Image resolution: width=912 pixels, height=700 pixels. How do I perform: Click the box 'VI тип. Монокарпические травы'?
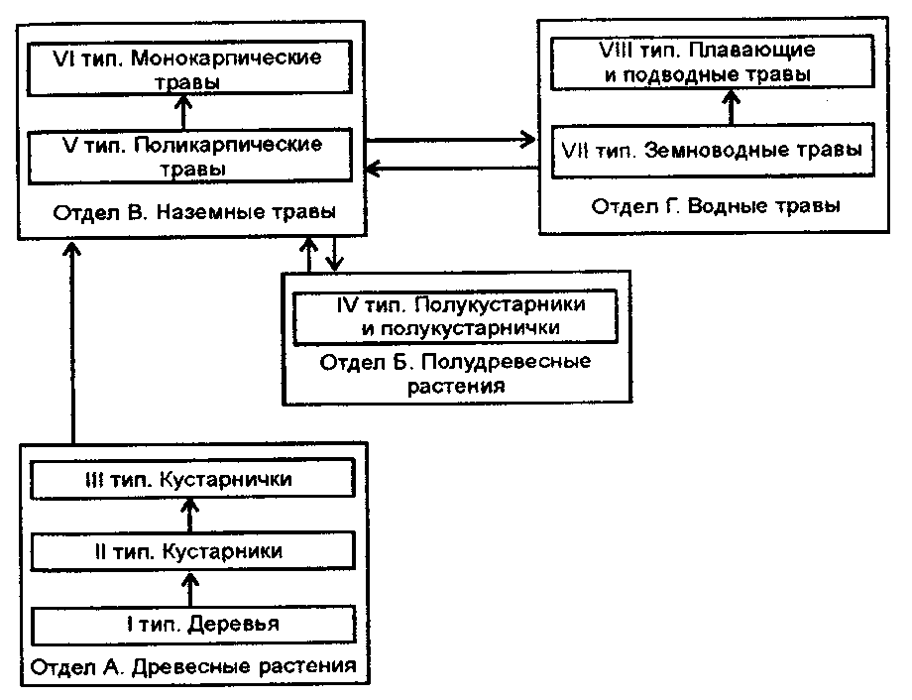click(189, 68)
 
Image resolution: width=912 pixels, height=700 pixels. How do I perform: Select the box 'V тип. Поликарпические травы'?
click(190, 156)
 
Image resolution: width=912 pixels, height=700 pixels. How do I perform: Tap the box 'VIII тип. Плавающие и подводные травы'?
click(713, 62)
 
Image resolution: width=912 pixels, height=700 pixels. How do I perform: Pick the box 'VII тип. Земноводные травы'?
click(713, 150)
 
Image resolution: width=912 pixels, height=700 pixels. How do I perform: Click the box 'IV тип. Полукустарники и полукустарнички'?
click(455, 316)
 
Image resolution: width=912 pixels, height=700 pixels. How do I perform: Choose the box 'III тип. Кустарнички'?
click(192, 479)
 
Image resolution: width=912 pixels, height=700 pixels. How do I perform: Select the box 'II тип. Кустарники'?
click(192, 551)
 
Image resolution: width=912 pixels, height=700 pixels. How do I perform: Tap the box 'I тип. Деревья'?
click(193, 625)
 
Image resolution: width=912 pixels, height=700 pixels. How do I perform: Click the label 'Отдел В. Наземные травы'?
click(194, 212)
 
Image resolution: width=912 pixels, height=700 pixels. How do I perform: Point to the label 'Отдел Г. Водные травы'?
click(716, 206)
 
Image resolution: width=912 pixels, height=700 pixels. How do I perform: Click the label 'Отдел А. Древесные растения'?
click(193, 666)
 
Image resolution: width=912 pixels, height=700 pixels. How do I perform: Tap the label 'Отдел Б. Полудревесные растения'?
click(455, 374)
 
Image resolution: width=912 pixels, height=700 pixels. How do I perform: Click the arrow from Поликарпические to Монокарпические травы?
click(183, 112)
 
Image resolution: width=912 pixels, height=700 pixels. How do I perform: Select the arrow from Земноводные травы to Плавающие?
click(732, 106)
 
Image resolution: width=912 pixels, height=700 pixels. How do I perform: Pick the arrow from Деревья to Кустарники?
click(190, 588)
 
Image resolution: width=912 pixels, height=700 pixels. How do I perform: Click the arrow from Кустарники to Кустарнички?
click(189, 515)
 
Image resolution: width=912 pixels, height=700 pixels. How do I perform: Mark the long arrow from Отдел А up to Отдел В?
click(72, 342)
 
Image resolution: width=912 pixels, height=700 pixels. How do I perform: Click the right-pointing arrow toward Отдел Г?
click(451, 140)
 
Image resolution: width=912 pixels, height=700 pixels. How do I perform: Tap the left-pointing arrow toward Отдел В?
click(452, 169)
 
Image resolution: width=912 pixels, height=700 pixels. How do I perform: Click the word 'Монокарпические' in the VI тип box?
click(226, 58)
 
